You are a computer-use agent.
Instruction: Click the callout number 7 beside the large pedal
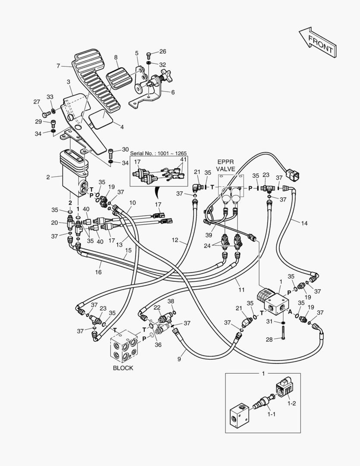pyautogui.click(x=58, y=66)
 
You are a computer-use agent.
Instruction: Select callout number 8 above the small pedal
pyautogui.click(x=116, y=57)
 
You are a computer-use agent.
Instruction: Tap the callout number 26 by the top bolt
pyautogui.click(x=162, y=52)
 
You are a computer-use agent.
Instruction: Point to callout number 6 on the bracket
pyautogui.click(x=173, y=92)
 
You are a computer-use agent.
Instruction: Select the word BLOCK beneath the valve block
pyautogui.click(x=123, y=368)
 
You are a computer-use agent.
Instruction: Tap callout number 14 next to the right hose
pyautogui.click(x=304, y=223)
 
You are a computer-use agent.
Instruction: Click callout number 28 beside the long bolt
pyautogui.click(x=269, y=340)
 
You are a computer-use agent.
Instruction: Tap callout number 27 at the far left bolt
pyautogui.click(x=36, y=102)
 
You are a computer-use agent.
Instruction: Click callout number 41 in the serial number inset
pyautogui.click(x=184, y=159)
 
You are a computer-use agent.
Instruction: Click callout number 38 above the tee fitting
pyautogui.click(x=171, y=301)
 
